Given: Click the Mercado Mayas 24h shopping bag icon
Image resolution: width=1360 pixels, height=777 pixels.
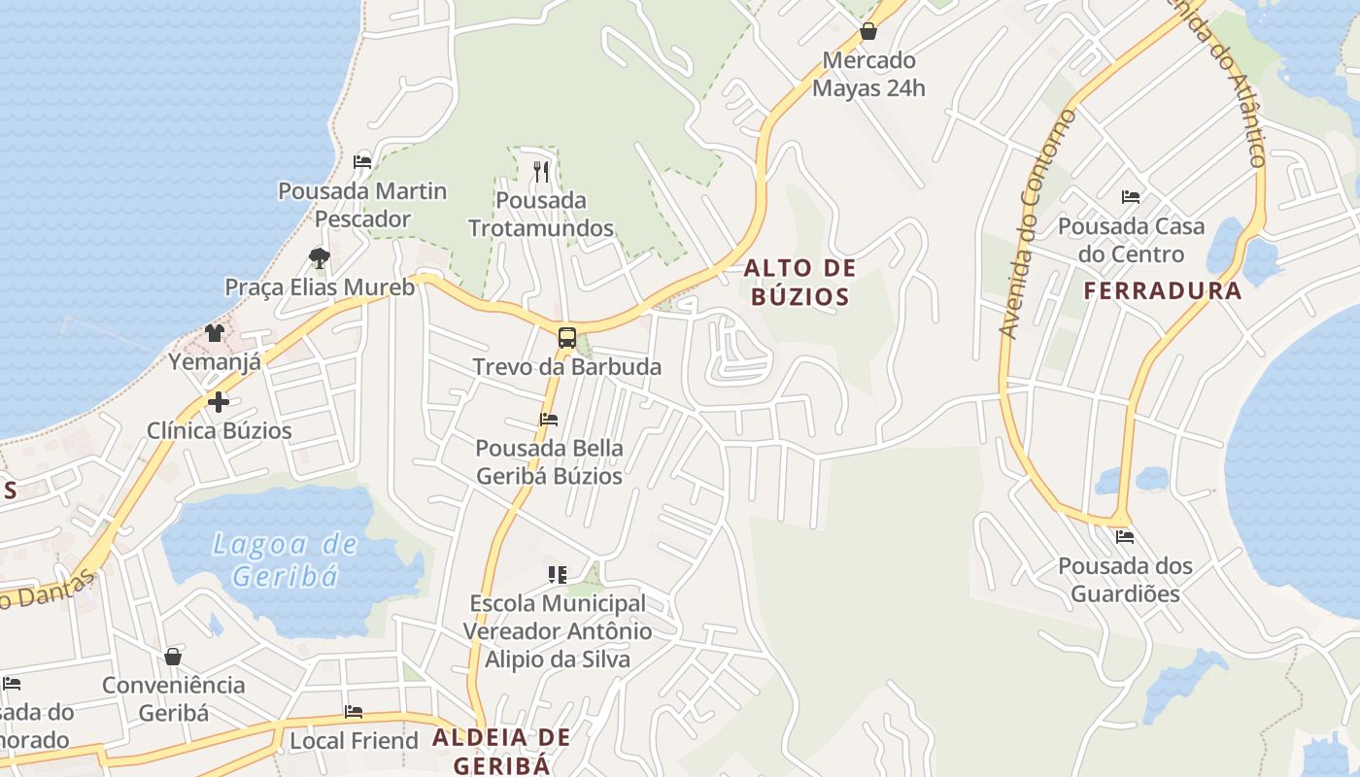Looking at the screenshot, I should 868,31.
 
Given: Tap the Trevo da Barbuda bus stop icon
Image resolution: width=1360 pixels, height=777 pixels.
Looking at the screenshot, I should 567,338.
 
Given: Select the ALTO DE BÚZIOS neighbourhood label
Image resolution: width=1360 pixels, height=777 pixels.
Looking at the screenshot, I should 800,282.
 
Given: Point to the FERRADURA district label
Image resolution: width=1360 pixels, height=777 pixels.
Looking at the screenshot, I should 1163,290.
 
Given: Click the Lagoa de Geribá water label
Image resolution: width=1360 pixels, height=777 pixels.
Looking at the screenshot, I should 286,559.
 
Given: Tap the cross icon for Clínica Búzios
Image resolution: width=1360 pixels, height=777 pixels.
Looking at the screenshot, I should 219,401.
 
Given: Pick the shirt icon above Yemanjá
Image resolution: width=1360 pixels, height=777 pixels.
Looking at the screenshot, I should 215,332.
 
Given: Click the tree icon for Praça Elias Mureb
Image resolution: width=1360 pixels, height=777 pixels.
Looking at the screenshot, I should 319,257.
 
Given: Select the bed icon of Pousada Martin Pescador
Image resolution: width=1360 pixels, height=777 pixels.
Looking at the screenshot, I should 362,161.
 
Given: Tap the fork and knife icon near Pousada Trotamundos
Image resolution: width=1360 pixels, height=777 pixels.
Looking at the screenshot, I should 541,172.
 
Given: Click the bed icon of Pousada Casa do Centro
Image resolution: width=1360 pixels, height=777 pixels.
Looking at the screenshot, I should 1131,197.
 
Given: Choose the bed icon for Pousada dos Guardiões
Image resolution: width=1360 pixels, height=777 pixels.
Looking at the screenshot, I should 1125,536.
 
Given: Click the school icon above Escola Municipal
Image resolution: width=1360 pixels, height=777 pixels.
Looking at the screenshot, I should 557,574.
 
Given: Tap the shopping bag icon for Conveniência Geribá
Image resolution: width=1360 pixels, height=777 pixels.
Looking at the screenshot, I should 173,657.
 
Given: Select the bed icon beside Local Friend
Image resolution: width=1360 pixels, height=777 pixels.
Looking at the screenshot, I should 354,712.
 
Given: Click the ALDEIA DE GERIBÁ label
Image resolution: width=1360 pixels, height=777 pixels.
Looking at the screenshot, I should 501,750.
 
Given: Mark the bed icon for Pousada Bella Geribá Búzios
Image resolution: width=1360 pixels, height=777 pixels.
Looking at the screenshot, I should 549,420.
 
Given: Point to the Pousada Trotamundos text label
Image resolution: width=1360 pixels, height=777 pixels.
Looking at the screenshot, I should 541,215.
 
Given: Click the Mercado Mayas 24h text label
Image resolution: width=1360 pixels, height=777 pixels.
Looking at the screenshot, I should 868,74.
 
